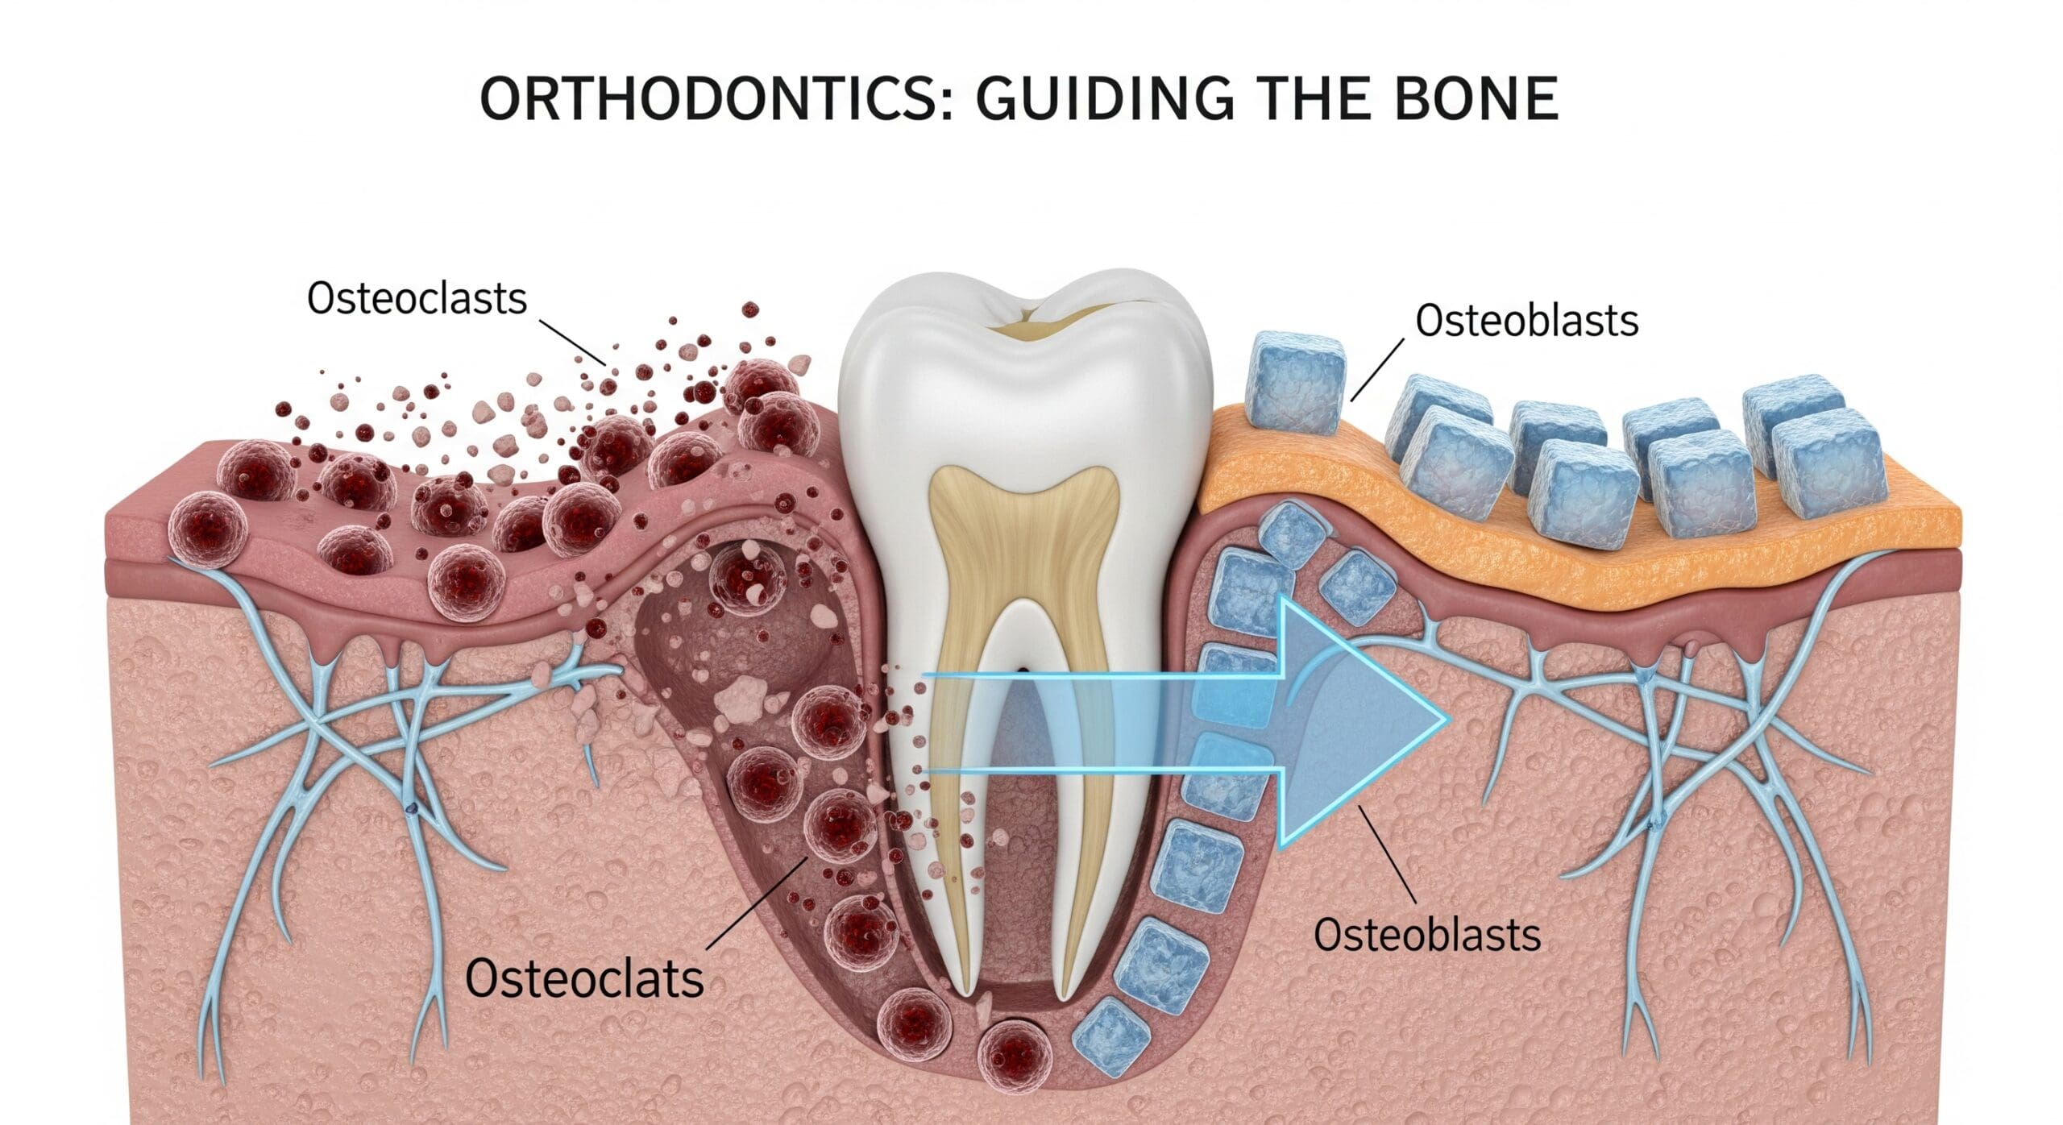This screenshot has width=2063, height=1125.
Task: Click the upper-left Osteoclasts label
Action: tap(417, 298)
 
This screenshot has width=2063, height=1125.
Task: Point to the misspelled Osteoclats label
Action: tap(584, 978)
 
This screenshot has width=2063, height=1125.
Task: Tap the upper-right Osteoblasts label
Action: tap(1526, 320)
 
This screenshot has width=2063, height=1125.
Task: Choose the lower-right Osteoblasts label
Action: tap(1427, 935)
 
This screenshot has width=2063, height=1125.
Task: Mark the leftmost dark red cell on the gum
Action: tap(206, 527)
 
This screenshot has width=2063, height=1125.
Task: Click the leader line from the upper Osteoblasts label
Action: tap(1377, 370)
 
